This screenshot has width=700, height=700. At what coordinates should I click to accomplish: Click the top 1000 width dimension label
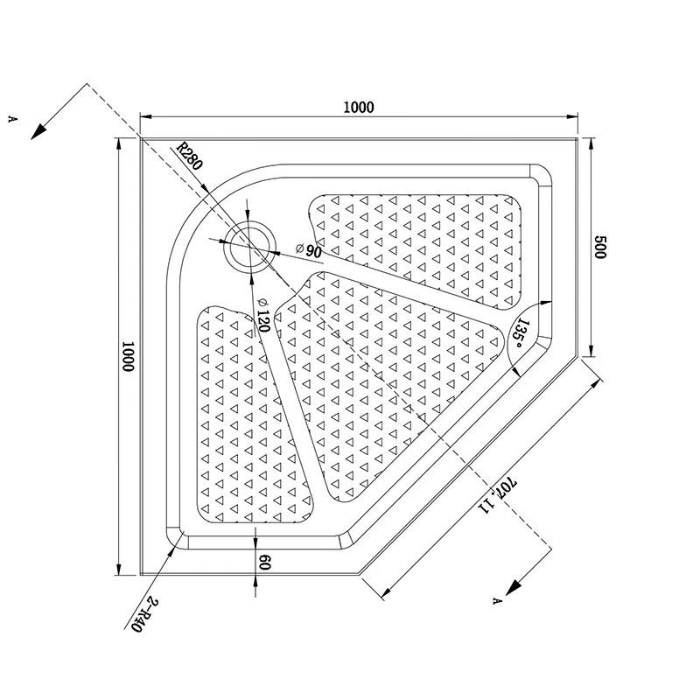(x=359, y=108)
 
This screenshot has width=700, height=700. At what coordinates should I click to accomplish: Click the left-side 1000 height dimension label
(x=129, y=356)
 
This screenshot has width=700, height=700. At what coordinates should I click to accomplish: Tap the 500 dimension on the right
(x=600, y=247)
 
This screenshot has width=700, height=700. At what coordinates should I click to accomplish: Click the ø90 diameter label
(x=310, y=251)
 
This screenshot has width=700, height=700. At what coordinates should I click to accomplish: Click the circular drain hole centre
(x=249, y=246)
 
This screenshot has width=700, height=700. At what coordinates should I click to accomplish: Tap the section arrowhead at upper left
(x=38, y=132)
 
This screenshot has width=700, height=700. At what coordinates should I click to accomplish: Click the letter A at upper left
(x=13, y=117)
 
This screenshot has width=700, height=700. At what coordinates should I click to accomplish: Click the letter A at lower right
(x=496, y=601)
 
